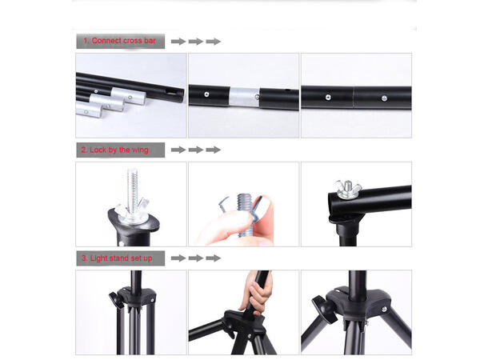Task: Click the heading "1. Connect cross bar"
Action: (119, 41)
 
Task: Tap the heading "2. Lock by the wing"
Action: (114, 150)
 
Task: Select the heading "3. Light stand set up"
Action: (117, 258)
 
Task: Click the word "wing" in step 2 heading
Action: (140, 150)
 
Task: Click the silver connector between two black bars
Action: (244, 98)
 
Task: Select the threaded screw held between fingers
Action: (245, 215)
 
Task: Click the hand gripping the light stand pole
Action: (256, 293)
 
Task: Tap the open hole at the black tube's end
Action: (170, 92)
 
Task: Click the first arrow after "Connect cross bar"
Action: (178, 42)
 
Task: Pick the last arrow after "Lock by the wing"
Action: (213, 150)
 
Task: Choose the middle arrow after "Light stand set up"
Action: (196, 258)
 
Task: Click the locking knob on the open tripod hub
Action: (324, 310)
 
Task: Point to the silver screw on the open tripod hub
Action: (384, 310)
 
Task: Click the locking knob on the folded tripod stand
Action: (114, 300)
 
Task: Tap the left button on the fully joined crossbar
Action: (328, 98)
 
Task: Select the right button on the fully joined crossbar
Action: (384, 98)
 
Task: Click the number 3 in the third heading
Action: (84, 258)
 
